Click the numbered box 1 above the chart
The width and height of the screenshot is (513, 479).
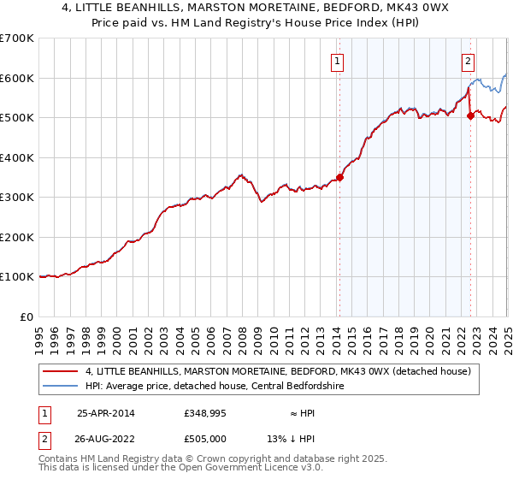point(338,61)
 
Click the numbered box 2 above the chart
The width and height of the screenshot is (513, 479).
point(469,61)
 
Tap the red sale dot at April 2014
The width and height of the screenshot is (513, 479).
point(339,178)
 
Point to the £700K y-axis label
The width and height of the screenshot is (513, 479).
point(16,38)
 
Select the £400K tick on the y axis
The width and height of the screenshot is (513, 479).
point(16,157)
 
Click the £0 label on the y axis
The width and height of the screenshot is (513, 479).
point(27,316)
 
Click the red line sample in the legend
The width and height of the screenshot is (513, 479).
point(61,371)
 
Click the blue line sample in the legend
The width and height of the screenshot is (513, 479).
point(61,386)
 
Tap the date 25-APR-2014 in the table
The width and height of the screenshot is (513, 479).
point(105,412)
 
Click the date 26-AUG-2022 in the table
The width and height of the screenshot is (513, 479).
point(106,439)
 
